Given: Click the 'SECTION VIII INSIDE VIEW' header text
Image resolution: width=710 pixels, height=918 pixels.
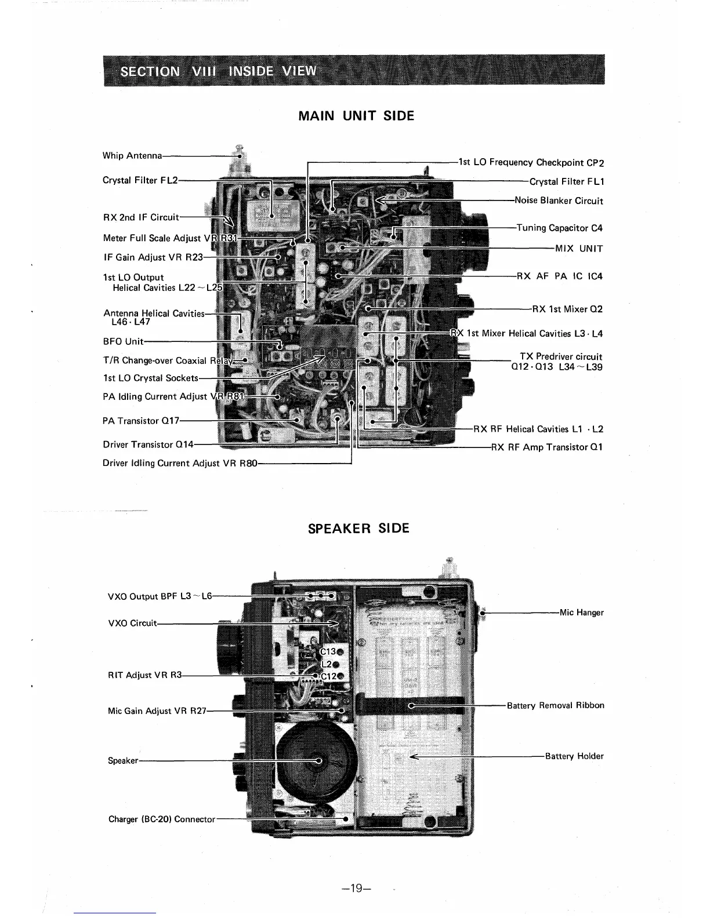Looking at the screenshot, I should pos(218,71).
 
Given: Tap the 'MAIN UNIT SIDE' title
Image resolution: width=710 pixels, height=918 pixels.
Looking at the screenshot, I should pos(356,116).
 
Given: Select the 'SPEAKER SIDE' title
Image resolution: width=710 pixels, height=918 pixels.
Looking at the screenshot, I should pos(358,529).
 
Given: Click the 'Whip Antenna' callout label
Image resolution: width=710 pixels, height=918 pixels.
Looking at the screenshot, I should pos(132,155).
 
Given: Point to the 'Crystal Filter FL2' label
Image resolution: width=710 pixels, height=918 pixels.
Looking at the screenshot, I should pos(139,180).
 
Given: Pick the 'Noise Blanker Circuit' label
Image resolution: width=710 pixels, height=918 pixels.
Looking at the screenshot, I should pos(559,201).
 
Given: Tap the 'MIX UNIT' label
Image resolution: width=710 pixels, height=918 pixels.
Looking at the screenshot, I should pos(578,249).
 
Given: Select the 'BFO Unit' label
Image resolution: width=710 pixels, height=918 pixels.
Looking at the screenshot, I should pos(122,341).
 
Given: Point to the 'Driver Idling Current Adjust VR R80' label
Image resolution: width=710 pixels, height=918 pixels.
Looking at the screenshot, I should pos(179,463).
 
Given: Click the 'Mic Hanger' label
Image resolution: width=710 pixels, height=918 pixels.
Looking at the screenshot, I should pos(581,613).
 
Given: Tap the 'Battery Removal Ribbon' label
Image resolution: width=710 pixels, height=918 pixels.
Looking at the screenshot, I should pos(555,705).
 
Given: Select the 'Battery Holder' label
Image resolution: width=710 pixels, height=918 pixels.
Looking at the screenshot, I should pos(574,756).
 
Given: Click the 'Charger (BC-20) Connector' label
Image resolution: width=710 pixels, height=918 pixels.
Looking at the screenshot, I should pos(161,819).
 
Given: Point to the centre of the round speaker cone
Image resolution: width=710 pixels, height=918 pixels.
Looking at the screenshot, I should pos(318,760).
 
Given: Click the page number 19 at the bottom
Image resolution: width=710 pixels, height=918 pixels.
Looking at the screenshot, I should pos(356,887).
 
